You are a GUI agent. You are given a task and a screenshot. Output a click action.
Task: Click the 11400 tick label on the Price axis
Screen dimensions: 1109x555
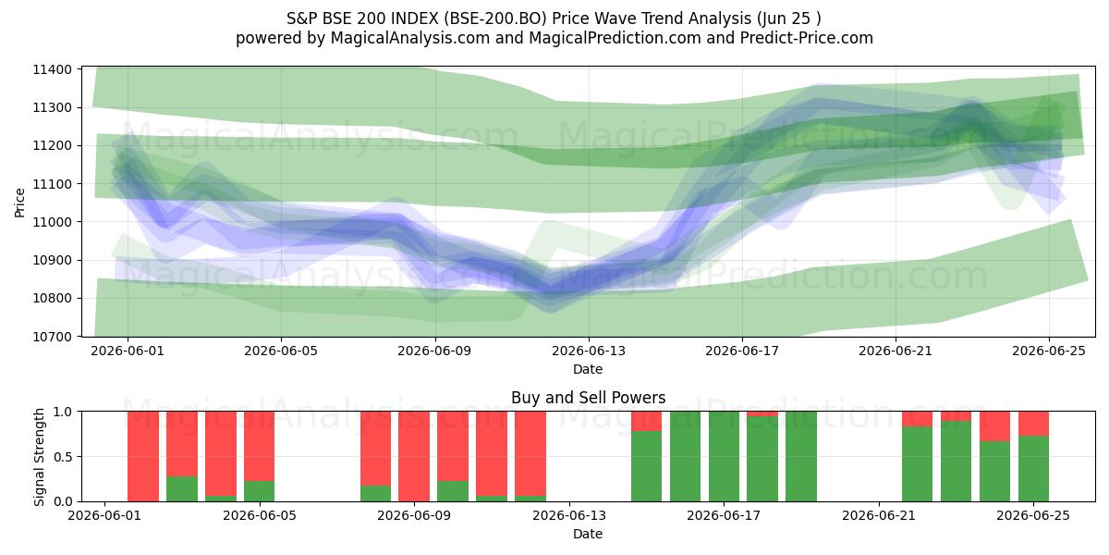52,69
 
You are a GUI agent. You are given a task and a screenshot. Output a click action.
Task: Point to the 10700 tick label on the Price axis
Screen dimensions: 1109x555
52,337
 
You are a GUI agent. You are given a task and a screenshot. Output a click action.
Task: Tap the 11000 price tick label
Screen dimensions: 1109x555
52,222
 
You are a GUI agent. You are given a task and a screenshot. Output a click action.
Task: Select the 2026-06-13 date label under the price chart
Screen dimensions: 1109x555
589,351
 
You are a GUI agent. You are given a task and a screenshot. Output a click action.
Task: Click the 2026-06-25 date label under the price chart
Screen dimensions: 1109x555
1049,351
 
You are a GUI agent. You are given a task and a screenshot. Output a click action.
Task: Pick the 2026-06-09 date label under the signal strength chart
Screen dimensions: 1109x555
414,515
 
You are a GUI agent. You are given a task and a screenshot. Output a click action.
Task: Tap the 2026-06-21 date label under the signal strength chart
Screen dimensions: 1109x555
879,515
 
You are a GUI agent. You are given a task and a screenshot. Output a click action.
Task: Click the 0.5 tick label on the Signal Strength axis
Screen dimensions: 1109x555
62,456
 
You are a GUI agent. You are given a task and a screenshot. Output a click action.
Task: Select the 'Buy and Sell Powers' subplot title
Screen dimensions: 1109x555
588,398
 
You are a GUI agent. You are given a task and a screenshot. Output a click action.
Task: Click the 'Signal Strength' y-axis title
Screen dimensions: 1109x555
39,456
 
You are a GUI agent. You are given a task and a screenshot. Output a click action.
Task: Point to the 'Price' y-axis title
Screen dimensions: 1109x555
19,203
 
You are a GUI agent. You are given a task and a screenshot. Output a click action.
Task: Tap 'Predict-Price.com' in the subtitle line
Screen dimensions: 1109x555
807,38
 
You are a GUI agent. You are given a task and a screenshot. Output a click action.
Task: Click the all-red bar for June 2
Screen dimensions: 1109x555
143,456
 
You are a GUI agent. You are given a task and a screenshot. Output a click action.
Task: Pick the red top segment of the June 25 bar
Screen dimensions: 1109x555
1033,424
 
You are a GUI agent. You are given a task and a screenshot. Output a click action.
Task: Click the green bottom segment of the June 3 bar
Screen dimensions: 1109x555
182,488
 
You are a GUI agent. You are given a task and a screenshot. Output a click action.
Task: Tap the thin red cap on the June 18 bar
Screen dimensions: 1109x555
762,414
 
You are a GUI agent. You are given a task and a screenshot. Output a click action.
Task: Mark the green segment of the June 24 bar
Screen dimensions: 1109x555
994,471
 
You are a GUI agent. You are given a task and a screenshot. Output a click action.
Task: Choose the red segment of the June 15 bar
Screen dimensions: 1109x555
647,421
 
